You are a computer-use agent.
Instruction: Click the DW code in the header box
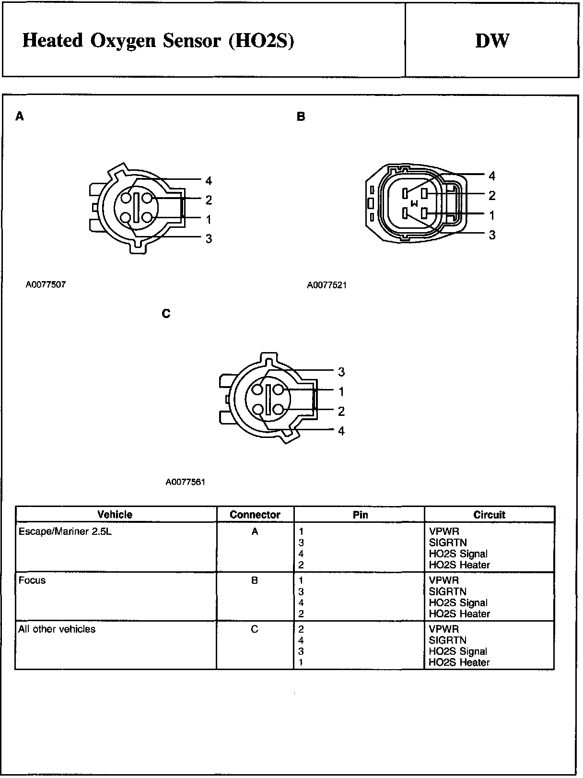pyautogui.click(x=492, y=41)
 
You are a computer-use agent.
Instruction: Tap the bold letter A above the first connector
pyautogui.click(x=19, y=117)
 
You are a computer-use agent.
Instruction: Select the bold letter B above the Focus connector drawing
pyautogui.click(x=301, y=117)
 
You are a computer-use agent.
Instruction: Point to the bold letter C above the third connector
pyautogui.click(x=166, y=314)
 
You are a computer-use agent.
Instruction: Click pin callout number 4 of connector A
pyautogui.click(x=209, y=181)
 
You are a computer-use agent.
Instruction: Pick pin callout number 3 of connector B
pyautogui.click(x=492, y=235)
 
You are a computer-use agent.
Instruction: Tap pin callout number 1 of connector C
pyautogui.click(x=341, y=392)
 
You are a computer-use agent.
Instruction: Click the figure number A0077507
pyautogui.click(x=46, y=284)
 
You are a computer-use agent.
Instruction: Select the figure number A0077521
pyautogui.click(x=326, y=285)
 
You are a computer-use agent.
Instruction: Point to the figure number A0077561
pyautogui.click(x=186, y=482)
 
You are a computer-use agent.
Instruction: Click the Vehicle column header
pyautogui.click(x=115, y=515)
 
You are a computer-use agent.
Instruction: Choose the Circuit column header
pyautogui.click(x=489, y=515)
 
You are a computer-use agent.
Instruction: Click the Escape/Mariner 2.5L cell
pyautogui.click(x=65, y=531)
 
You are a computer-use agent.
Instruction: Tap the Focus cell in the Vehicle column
pyautogui.click(x=32, y=580)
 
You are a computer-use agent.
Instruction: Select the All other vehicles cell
pyautogui.click(x=57, y=629)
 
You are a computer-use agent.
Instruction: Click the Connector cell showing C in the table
pyautogui.click(x=255, y=629)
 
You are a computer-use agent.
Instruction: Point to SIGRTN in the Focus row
pyautogui.click(x=447, y=591)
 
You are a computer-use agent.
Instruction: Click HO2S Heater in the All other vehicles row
pyautogui.click(x=459, y=662)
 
